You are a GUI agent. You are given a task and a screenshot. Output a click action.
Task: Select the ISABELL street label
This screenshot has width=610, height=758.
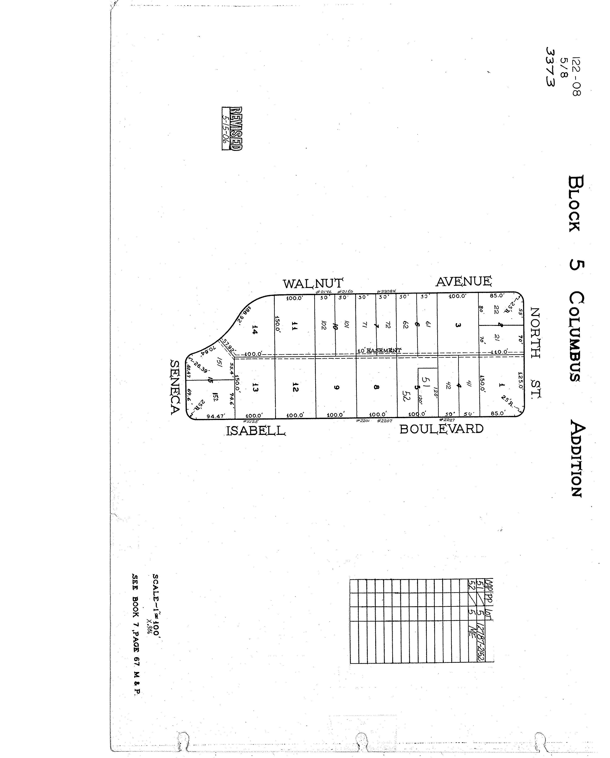tap(255, 431)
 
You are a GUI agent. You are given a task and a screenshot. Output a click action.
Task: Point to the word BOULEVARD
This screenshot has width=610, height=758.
tap(441, 429)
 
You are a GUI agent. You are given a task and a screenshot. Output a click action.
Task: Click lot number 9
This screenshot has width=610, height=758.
tap(336, 387)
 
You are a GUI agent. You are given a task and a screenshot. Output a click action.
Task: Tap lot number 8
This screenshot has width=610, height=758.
tap(377, 387)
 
